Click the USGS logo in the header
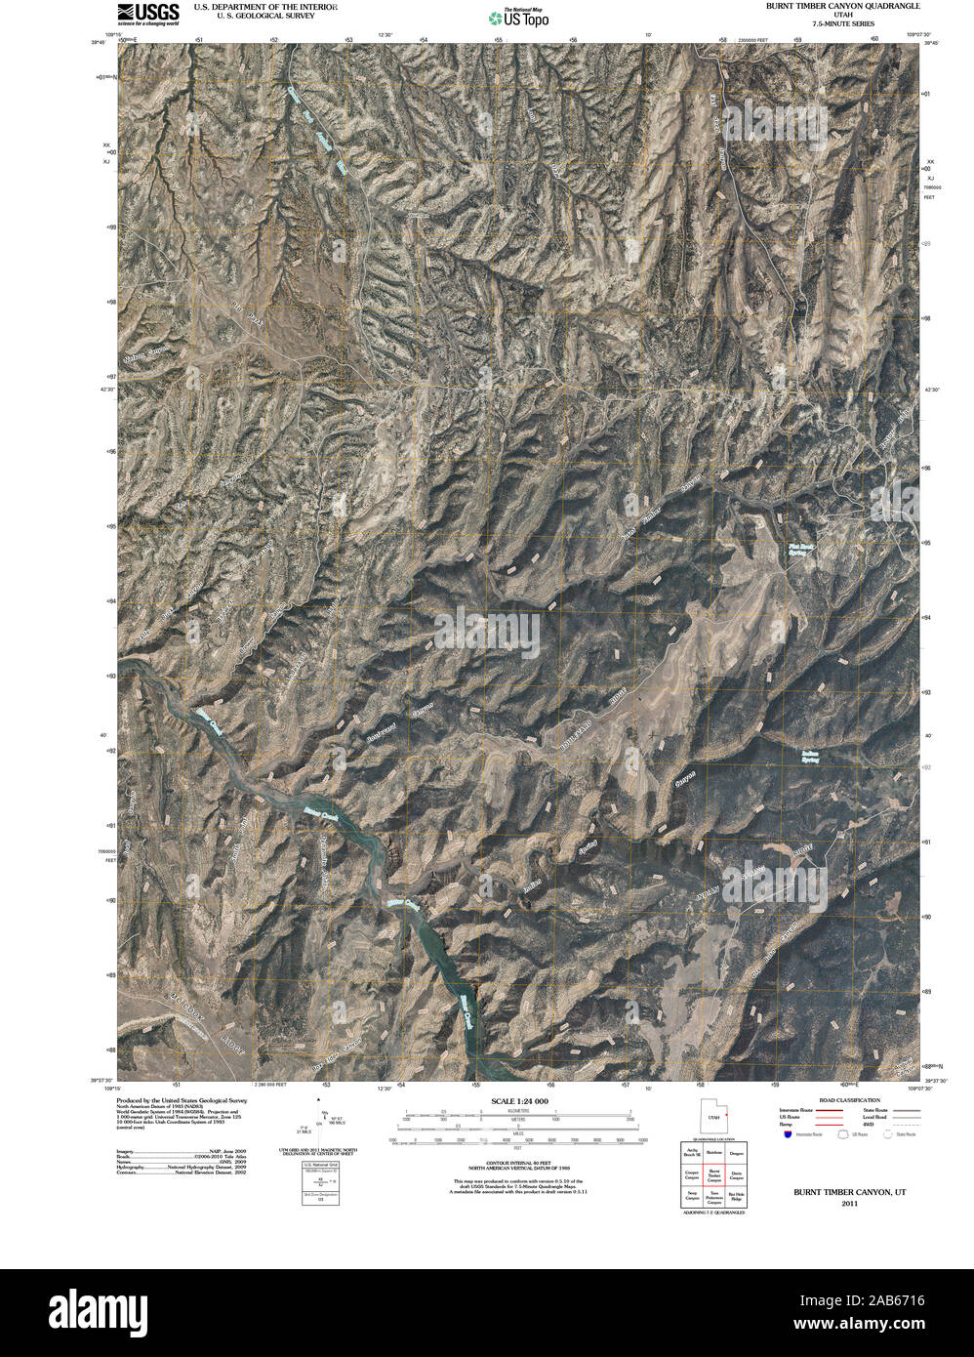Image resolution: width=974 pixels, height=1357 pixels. click(148, 13)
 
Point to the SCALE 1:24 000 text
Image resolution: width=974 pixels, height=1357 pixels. click(520, 1100)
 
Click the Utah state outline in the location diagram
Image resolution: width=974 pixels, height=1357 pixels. click(713, 1116)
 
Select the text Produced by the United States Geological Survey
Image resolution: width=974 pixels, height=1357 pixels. click(182, 1100)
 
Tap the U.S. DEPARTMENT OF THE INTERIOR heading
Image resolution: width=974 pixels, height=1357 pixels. click(265, 6)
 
